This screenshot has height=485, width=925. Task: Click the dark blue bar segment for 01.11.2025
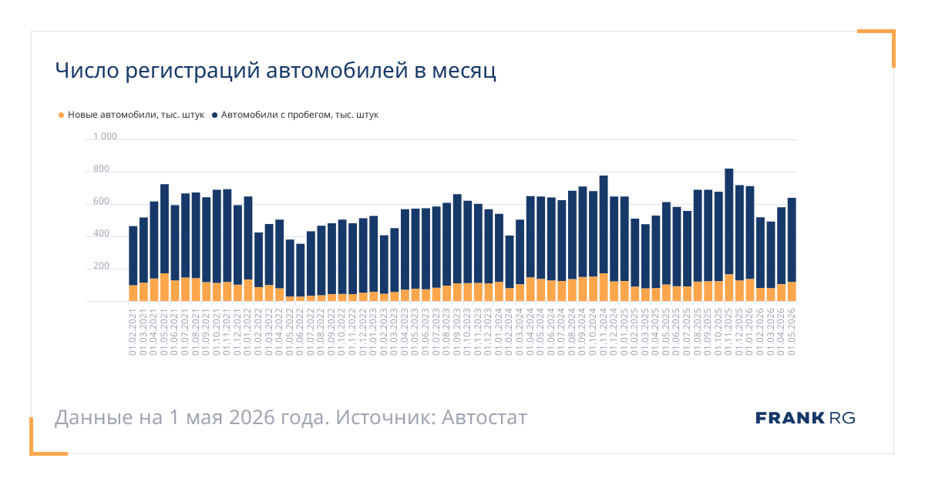pyautogui.click(x=729, y=222)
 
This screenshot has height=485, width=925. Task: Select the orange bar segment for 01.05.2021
pyautogui.click(x=164, y=287)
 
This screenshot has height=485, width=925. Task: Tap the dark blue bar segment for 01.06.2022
pyautogui.click(x=300, y=270)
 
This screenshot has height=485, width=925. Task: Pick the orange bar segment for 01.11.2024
pyautogui.click(x=604, y=287)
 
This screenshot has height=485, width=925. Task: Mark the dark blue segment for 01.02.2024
pyautogui.click(x=510, y=262)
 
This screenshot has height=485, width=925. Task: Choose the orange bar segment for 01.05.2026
pyautogui.click(x=792, y=292)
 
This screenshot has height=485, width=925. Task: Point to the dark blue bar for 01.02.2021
pyautogui.click(x=133, y=256)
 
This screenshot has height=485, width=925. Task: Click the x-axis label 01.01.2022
pyautogui.click(x=247, y=332)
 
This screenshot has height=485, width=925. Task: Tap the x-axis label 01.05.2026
pyautogui.click(x=792, y=332)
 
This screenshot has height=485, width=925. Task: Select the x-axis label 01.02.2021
pyautogui.click(x=133, y=332)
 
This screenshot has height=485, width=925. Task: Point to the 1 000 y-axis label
pyautogui.click(x=105, y=136)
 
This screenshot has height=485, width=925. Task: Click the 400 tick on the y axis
pyautogui.click(x=101, y=233)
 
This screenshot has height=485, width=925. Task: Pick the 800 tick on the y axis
pyautogui.click(x=101, y=169)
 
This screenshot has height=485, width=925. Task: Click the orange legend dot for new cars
pyautogui.click(x=61, y=115)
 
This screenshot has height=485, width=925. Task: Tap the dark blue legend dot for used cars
pyautogui.click(x=215, y=115)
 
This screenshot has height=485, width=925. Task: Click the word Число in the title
pyautogui.click(x=87, y=70)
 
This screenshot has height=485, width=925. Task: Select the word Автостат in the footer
pyautogui.click(x=484, y=417)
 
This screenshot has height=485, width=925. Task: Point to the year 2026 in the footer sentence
pyautogui.click(x=252, y=417)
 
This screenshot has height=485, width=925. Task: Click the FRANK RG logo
pyautogui.click(x=806, y=418)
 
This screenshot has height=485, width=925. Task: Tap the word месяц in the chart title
pyautogui.click(x=464, y=71)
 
